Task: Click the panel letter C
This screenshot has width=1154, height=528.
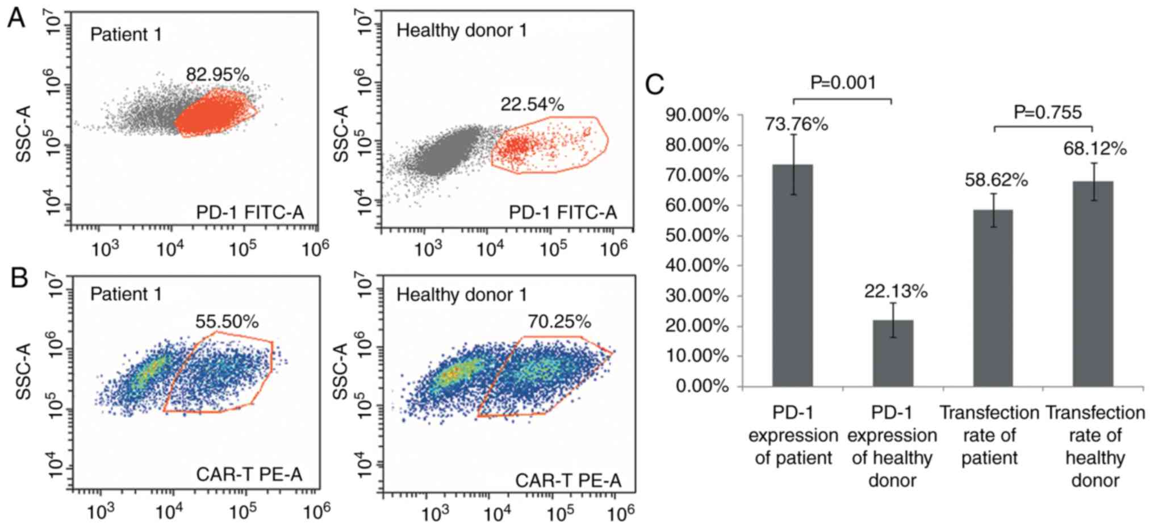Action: pos(655,85)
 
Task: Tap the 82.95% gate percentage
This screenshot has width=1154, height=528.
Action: pos(218,74)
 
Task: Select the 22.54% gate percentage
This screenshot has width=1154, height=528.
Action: pos(532,104)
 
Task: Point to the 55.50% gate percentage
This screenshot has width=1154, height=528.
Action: pos(227,321)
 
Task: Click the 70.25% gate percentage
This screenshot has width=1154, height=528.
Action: pos(559,321)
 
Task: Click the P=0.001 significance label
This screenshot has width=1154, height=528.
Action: pos(843,83)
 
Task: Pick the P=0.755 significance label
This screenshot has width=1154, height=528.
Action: pos(1048,112)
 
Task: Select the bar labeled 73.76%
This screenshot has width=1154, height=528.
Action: pos(792,275)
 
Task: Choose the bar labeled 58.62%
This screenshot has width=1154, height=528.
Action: pos(993,298)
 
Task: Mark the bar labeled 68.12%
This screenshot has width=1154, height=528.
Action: pos(1093,284)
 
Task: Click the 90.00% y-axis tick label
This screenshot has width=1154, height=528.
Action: pos(696,115)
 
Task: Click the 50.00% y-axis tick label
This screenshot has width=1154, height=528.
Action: pos(696,236)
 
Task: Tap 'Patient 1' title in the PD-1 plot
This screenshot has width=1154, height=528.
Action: pos(126,35)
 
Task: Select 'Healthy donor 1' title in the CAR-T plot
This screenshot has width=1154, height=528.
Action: pos(461,295)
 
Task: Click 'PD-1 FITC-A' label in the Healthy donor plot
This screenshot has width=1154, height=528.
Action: pos(562,212)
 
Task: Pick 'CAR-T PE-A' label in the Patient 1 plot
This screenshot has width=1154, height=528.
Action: pos(249,474)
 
